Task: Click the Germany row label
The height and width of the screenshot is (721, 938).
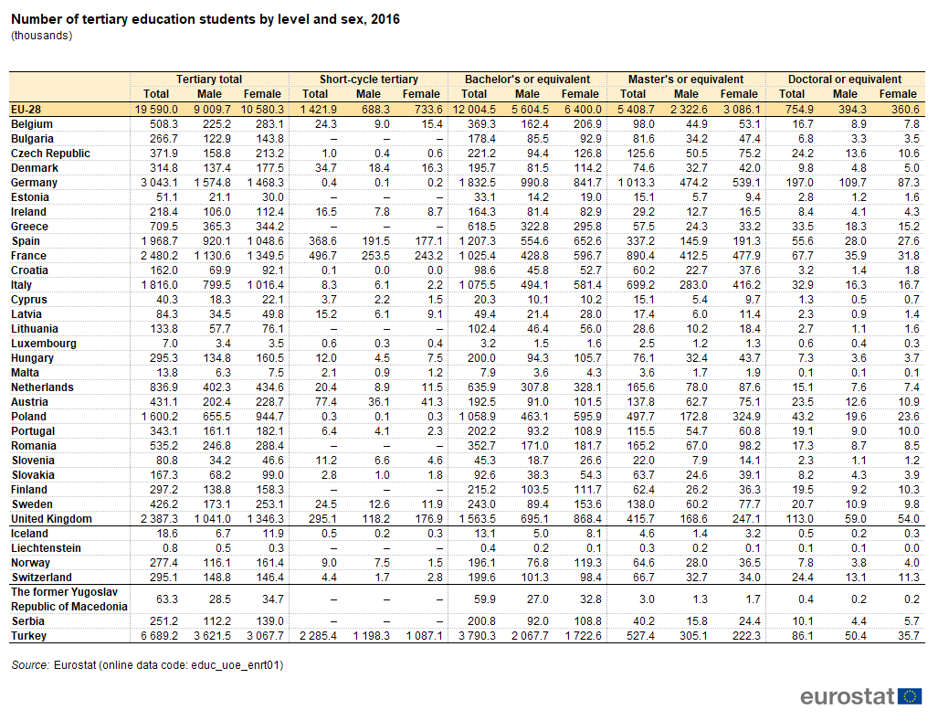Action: [x=34, y=183]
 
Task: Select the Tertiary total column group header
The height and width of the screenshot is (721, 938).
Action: [x=209, y=79]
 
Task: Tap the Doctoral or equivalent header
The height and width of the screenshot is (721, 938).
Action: [x=845, y=79]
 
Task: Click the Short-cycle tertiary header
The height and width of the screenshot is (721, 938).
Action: [x=368, y=79]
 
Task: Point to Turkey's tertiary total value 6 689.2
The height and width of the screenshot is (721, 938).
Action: [x=160, y=635]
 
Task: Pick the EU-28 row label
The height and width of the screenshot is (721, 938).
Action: [x=26, y=110]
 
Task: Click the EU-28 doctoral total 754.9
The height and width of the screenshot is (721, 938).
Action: [x=798, y=110]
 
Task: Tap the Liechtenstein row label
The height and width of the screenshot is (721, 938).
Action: [x=46, y=548]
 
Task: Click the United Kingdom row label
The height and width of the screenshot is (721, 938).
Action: [x=51, y=519]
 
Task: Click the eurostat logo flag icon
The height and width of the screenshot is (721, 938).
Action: [x=910, y=696]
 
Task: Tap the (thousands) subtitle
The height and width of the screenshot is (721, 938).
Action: [x=42, y=36]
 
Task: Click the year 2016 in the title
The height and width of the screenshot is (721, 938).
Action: [x=385, y=19]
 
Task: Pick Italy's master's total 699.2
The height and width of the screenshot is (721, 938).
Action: [x=640, y=285]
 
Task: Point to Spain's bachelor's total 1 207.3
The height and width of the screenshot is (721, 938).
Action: [x=478, y=240]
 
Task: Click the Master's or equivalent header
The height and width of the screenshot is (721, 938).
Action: [x=686, y=79]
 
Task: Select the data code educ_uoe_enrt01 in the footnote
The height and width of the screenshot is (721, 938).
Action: [x=237, y=664]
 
